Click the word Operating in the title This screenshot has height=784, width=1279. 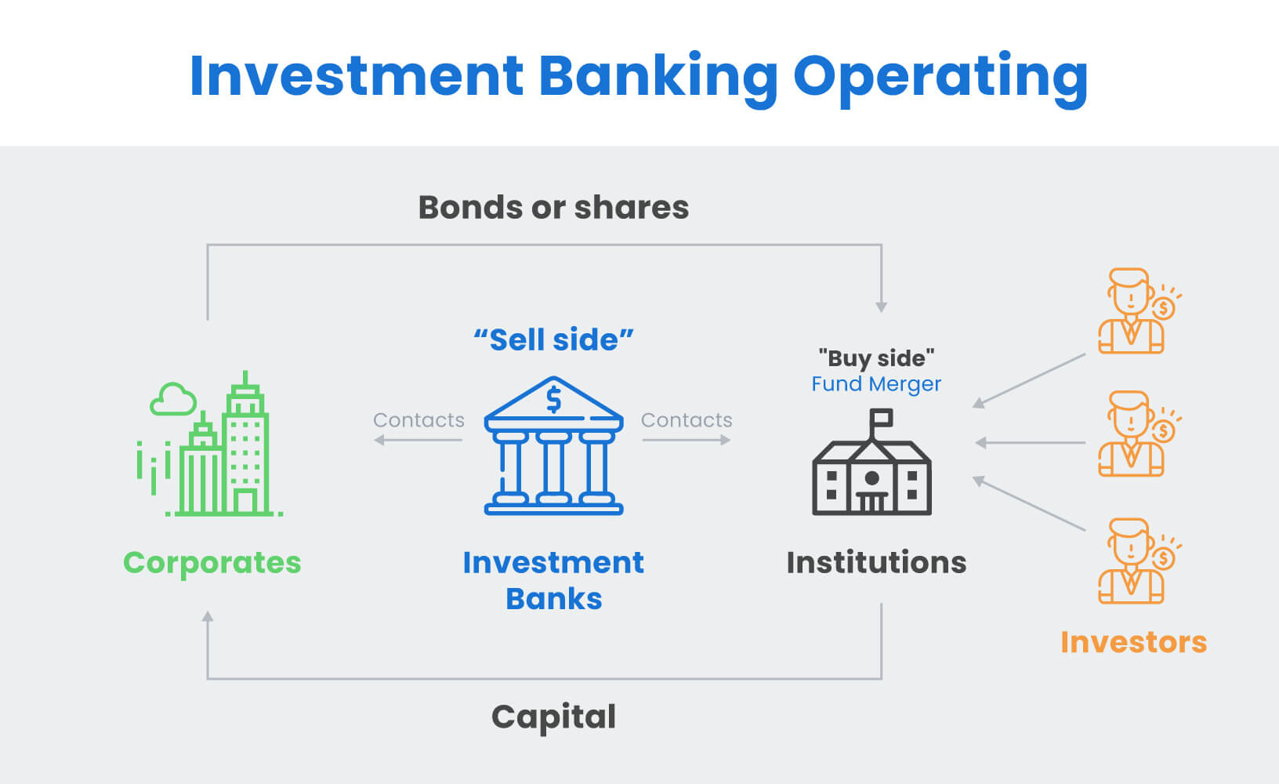[940, 77]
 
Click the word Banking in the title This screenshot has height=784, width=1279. [658, 77]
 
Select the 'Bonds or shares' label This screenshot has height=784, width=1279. [553, 208]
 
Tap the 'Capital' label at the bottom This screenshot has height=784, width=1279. [553, 717]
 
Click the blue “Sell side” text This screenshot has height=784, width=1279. [553, 340]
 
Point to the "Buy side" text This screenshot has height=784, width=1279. [876, 358]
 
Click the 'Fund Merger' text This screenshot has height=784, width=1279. [876, 384]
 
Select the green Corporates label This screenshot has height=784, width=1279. [212, 563]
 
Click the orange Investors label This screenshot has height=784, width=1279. [1133, 642]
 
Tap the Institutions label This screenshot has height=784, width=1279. [876, 563]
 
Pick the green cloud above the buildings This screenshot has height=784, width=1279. [172, 399]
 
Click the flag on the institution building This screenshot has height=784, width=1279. [882, 418]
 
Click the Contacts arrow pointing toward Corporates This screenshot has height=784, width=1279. [418, 440]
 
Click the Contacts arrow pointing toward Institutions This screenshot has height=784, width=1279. [687, 440]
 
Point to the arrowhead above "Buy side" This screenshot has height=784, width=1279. [882, 307]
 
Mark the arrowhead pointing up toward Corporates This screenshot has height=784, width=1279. [208, 617]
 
